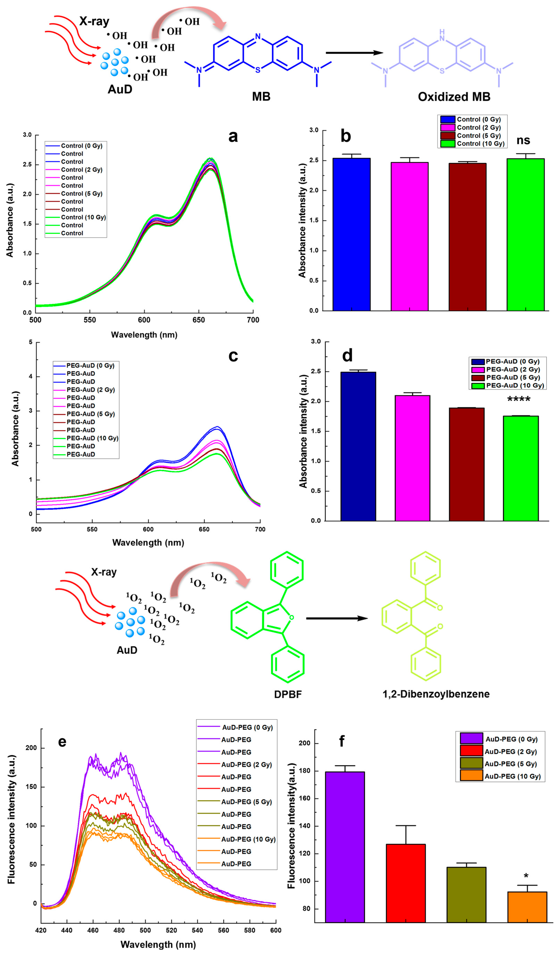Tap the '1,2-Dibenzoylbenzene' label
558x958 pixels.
click(x=436, y=694)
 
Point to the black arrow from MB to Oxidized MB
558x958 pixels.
click(x=354, y=53)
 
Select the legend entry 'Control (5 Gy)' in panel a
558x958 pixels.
click(x=81, y=193)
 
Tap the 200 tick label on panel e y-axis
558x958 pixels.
click(x=31, y=748)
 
